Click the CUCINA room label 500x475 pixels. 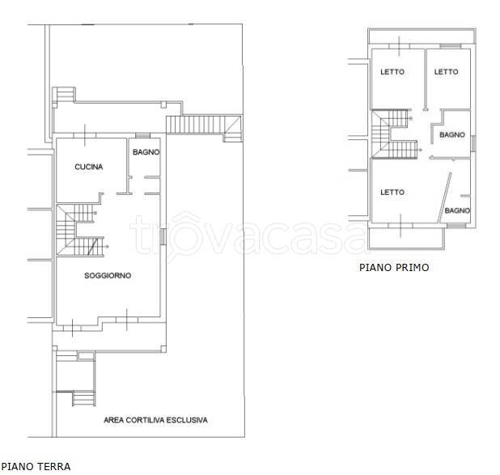(89, 167)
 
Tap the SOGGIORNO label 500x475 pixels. (108, 275)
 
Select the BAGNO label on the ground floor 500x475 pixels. (146, 152)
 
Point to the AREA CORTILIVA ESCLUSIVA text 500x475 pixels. (155, 420)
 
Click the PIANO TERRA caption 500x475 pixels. (36, 466)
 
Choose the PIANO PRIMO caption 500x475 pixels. (394, 267)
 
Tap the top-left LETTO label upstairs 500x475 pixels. (392, 72)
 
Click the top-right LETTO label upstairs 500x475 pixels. (446, 72)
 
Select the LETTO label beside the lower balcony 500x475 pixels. (392, 192)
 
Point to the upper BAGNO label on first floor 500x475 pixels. (452, 134)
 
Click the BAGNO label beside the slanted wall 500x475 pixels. (457, 210)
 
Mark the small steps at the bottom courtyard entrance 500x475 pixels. (83, 398)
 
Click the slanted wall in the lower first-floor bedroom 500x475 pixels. (445, 197)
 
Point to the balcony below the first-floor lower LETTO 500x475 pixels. (406, 238)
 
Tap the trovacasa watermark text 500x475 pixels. (248, 235)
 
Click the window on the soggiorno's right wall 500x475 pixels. (163, 237)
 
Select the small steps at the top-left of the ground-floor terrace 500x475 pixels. (65, 94)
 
